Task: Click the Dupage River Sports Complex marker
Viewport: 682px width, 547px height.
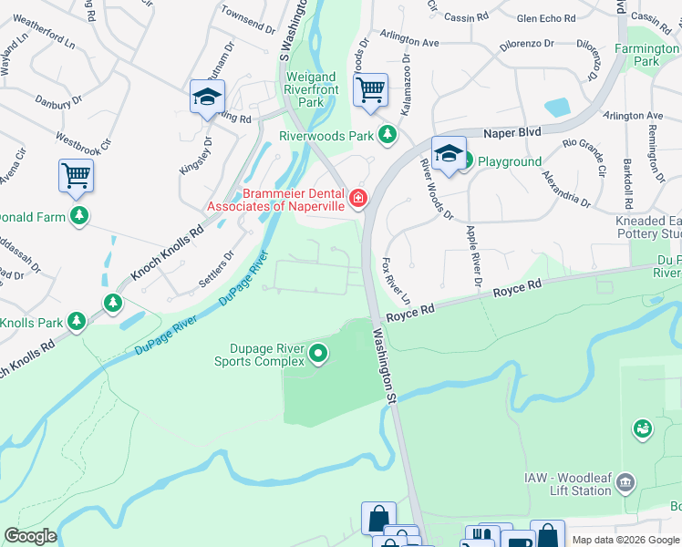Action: (x=318, y=353)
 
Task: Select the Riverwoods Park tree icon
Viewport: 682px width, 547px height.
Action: (x=388, y=135)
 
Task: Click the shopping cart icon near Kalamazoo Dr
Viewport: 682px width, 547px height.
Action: (x=370, y=91)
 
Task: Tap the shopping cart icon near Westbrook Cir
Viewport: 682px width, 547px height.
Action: (x=77, y=174)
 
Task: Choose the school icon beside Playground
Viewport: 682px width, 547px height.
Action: (x=449, y=154)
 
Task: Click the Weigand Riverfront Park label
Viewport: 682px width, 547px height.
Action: (x=311, y=89)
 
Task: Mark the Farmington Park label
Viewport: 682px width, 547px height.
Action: (x=646, y=55)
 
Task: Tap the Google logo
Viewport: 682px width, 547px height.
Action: (x=30, y=536)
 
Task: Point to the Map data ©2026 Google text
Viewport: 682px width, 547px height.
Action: (x=625, y=540)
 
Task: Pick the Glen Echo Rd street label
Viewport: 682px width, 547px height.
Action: (x=544, y=18)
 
